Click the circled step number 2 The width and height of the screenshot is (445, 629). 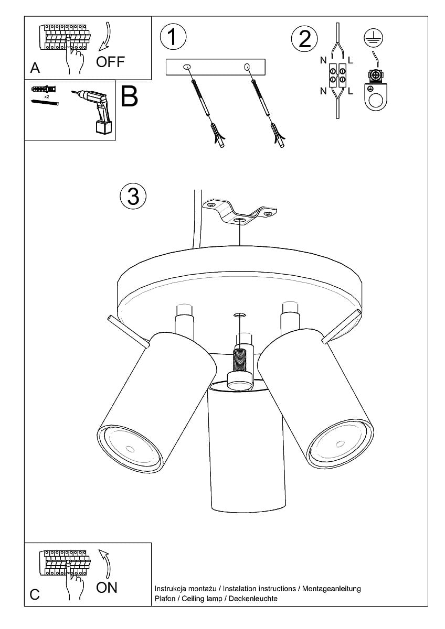[x=304, y=39]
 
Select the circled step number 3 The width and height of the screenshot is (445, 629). [x=133, y=196]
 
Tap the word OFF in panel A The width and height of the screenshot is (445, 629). [x=111, y=62]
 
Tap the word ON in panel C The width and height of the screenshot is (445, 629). [x=107, y=588]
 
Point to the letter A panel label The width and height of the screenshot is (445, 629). [x=35, y=68]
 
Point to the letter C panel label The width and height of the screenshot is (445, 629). [x=35, y=594]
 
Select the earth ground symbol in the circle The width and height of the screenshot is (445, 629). [x=374, y=37]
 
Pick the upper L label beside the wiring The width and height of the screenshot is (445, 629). [x=350, y=61]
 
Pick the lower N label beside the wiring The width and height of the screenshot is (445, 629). [x=323, y=91]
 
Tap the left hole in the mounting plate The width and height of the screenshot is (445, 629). [x=186, y=67]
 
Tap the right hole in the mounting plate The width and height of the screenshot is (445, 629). [x=246, y=67]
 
